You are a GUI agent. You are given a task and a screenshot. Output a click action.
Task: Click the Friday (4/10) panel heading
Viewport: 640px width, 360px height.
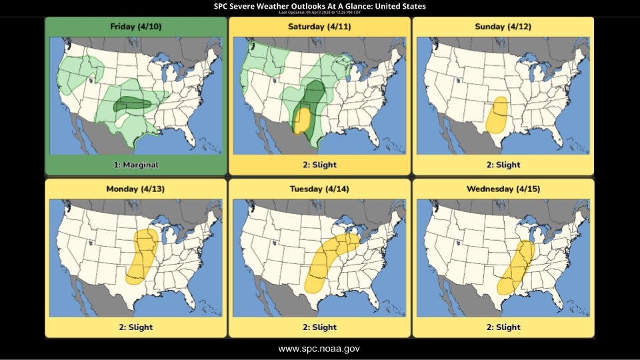[135, 27]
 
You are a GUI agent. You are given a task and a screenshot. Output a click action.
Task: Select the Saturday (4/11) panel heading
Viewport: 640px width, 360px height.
[319, 27]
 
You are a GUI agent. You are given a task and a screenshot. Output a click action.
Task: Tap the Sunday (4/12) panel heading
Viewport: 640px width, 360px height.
[503, 27]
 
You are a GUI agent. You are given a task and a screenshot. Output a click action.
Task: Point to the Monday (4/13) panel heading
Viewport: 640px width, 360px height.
[135, 189]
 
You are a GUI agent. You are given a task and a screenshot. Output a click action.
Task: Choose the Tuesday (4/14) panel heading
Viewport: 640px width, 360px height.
[319, 189]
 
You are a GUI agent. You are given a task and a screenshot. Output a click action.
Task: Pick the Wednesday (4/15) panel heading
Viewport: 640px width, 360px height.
[503, 189]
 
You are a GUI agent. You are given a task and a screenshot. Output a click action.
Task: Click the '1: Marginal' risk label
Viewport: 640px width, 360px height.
[135, 165]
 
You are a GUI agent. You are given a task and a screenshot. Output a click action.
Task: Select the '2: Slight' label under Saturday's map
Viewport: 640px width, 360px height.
[319, 165]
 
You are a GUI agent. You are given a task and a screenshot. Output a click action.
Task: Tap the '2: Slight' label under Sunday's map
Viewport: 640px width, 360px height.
[503, 165]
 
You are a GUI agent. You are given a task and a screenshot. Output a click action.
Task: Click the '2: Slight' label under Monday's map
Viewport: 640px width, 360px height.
[135, 327]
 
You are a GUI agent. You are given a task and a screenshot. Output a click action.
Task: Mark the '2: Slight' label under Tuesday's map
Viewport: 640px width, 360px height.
[319, 327]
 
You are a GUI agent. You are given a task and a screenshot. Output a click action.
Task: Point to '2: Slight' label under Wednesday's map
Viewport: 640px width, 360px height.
[503, 327]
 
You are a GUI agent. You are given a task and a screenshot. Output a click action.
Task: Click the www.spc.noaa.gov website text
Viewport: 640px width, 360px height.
[319, 349]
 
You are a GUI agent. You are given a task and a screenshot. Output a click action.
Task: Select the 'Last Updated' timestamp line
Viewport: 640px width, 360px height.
[319, 12]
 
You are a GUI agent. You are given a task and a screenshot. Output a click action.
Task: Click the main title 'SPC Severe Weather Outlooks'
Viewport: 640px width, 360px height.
[319, 6]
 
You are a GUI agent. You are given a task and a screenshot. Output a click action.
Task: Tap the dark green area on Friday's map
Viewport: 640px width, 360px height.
[131, 103]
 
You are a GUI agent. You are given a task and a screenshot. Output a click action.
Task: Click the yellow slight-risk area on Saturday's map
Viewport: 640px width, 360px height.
[301, 121]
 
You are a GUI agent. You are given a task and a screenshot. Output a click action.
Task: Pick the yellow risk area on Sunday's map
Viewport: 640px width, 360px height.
[496, 115]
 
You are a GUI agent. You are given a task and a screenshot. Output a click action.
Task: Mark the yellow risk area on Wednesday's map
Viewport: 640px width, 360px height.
[514, 267]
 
